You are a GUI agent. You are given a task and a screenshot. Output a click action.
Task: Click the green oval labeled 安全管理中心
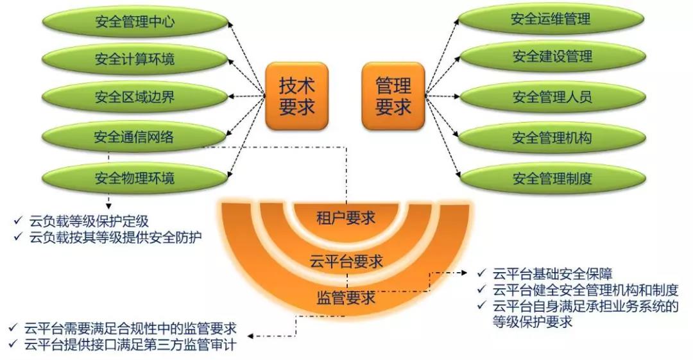coord(134,23)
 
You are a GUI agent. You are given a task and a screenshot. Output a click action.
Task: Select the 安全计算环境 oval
coord(134,60)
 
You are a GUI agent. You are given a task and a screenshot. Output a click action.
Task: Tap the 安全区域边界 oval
coord(134,98)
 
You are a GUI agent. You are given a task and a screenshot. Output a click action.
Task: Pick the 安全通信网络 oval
coord(134,137)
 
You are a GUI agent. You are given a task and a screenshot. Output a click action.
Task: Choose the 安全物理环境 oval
coord(134,177)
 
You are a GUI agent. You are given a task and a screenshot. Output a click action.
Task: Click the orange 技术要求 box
coord(296,96)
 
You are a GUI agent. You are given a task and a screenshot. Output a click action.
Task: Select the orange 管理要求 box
coord(393,96)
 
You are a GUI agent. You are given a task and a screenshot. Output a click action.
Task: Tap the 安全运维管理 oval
coord(551,19)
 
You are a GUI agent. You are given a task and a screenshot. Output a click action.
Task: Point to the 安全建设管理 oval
coord(551,57)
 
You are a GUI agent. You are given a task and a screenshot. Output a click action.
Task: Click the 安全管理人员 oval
coord(551,98)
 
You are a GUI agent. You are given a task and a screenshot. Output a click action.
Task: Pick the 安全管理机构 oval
coord(551,137)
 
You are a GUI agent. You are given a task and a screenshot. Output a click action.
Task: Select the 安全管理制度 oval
coord(551,178)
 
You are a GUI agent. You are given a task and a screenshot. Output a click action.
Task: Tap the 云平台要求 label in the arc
coord(346,261)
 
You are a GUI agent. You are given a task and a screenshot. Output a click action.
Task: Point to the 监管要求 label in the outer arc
coord(346,297)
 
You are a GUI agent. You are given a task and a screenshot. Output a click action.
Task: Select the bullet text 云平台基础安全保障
coord(552,274)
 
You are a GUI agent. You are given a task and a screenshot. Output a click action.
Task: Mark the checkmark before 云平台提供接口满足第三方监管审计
coord(14,345)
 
